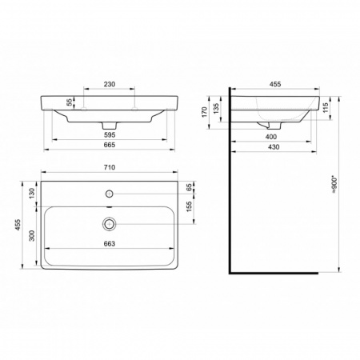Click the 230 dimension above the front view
pyautogui.click(x=110, y=84)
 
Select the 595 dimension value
pyautogui.click(x=110, y=135)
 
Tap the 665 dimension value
pyautogui.click(x=110, y=145)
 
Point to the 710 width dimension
pyautogui.click(x=110, y=167)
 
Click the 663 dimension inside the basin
pyautogui.click(x=110, y=244)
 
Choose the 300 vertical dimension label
pyautogui.click(x=32, y=235)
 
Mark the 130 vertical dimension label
pyautogui.click(x=32, y=194)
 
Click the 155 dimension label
pyautogui.click(x=189, y=206)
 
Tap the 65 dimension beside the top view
pyautogui.click(x=189, y=187)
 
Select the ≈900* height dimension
pyautogui.click(x=334, y=184)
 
